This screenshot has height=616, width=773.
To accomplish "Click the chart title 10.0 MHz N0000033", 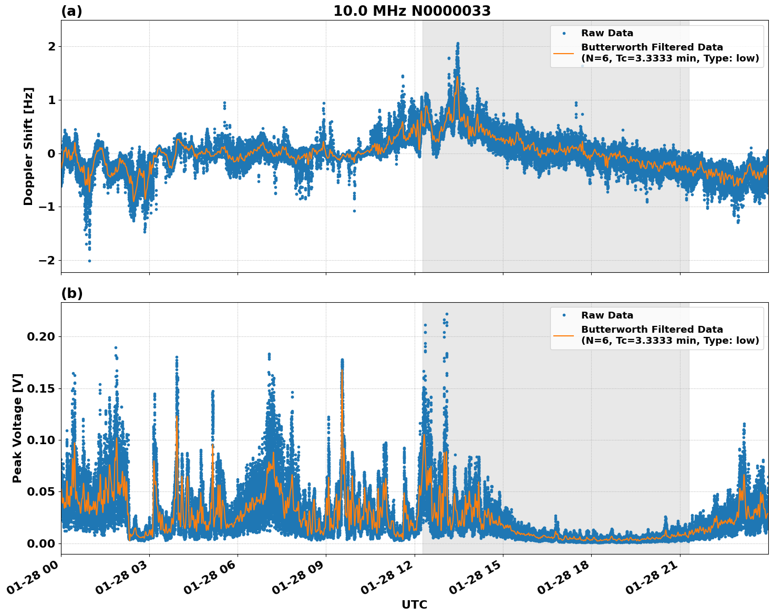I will [x=412, y=11].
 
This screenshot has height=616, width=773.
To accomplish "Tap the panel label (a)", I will [x=71, y=11].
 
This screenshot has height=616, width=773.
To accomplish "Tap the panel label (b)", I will [x=71, y=293].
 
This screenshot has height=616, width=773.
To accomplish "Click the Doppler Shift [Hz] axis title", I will [x=28, y=146].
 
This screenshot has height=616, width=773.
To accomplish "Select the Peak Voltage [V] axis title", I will [x=17, y=428].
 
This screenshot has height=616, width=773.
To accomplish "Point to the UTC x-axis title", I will [x=414, y=604].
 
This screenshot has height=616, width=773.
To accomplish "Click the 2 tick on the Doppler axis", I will [x=51, y=47].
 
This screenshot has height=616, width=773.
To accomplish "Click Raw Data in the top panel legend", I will [x=607, y=33].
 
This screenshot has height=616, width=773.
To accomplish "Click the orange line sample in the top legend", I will [x=563, y=53].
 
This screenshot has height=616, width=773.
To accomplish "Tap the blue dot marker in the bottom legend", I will [x=563, y=315].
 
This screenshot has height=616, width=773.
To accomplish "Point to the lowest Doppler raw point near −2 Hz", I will [x=89, y=261].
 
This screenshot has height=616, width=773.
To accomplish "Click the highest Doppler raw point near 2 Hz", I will [x=458, y=44].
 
